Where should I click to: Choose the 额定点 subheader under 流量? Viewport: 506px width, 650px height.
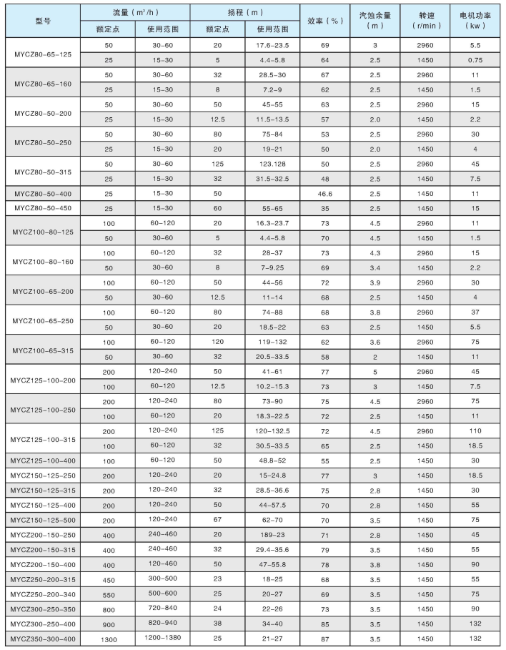coord(107,30)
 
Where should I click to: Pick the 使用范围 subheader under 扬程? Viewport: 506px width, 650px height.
coord(272,30)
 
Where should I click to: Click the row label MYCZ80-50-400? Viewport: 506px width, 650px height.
coord(43,194)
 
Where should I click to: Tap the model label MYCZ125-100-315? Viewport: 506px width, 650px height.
coord(43,438)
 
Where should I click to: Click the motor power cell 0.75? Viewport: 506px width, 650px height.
coord(475,59)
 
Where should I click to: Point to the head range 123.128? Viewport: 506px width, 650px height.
coord(272,164)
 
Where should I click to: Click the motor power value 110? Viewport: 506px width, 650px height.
coord(475,432)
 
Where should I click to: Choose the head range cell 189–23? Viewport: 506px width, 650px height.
coord(272,534)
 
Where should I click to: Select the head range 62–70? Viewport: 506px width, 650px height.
coord(272,520)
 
